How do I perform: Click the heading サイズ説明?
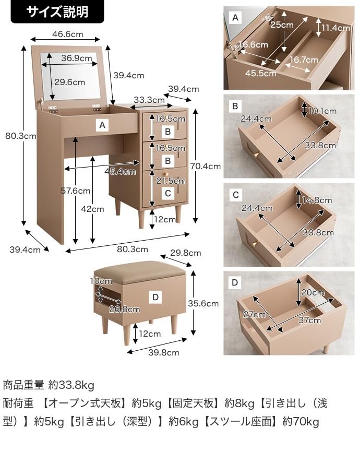click(57, 11)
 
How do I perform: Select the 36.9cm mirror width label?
click(73, 58)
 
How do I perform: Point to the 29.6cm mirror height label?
click(69, 82)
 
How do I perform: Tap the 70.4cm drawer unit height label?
click(206, 167)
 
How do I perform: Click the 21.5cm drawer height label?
click(170, 181)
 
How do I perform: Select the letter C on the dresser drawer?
click(167, 193)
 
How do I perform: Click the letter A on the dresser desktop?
click(102, 125)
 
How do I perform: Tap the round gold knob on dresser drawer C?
click(165, 174)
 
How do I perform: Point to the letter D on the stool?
click(155, 297)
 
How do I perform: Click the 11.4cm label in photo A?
click(335, 27)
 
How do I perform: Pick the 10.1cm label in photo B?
click(322, 111)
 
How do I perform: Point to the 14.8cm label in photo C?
click(317, 200)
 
